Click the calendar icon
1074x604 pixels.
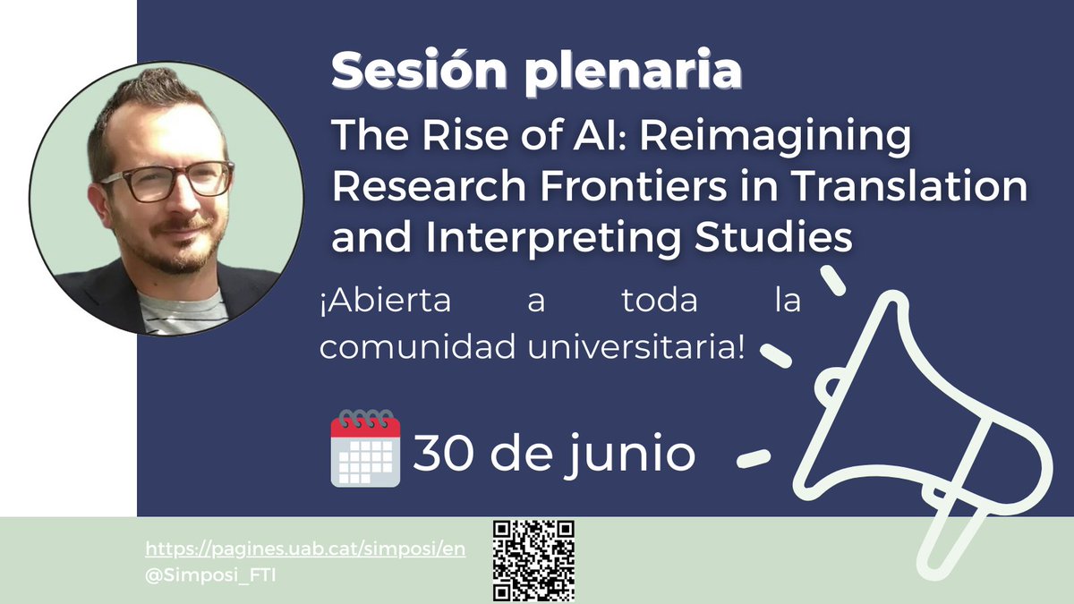pos(365,448)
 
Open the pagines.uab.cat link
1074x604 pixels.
pos(305,549)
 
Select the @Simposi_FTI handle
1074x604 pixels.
pos(209,573)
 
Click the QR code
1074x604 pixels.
pos(533,560)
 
